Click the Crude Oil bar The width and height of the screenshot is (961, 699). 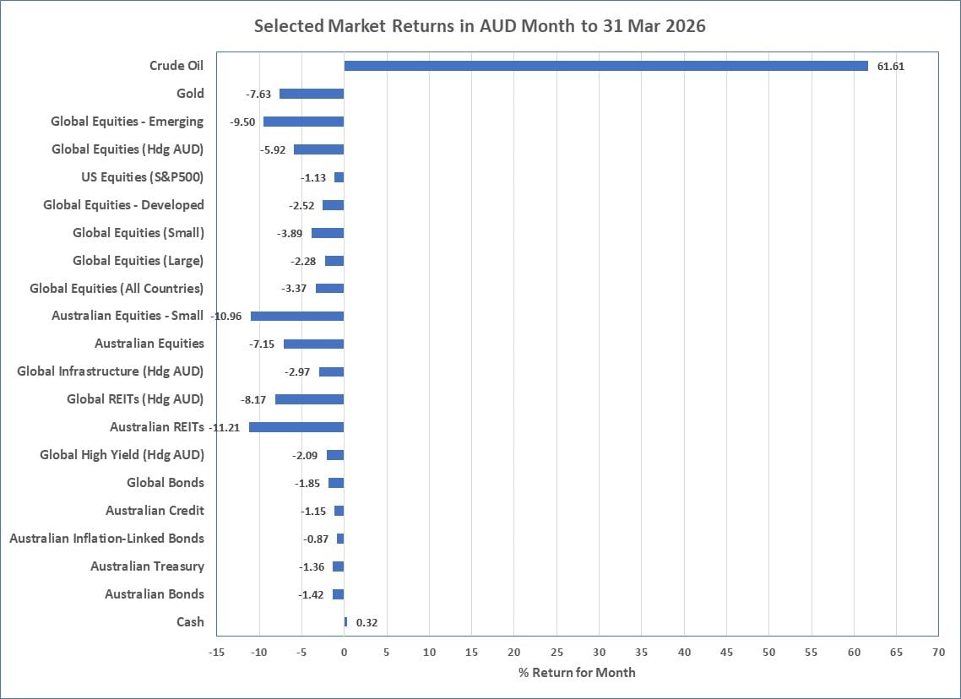605,66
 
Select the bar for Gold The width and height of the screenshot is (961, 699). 312,94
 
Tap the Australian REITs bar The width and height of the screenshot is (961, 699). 296,427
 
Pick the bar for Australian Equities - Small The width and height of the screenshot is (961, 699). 297,316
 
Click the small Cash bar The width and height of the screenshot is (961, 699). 345,622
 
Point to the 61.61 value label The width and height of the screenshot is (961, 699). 890,66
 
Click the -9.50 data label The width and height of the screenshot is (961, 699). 243,122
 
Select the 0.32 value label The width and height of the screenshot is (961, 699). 366,622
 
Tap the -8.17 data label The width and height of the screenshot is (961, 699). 255,399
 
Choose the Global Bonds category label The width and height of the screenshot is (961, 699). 165,483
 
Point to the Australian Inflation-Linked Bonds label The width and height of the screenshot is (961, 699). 106,539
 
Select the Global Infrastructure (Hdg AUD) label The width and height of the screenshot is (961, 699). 110,371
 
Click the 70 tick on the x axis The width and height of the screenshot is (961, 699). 938,653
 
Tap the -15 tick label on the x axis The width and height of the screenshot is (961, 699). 216,653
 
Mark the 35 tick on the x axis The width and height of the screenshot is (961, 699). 641,653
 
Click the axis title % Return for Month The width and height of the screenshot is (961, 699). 577,673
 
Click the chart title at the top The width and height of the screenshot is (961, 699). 480,26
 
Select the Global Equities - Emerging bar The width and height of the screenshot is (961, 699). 303,122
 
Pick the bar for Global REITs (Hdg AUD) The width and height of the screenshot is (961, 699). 309,399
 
